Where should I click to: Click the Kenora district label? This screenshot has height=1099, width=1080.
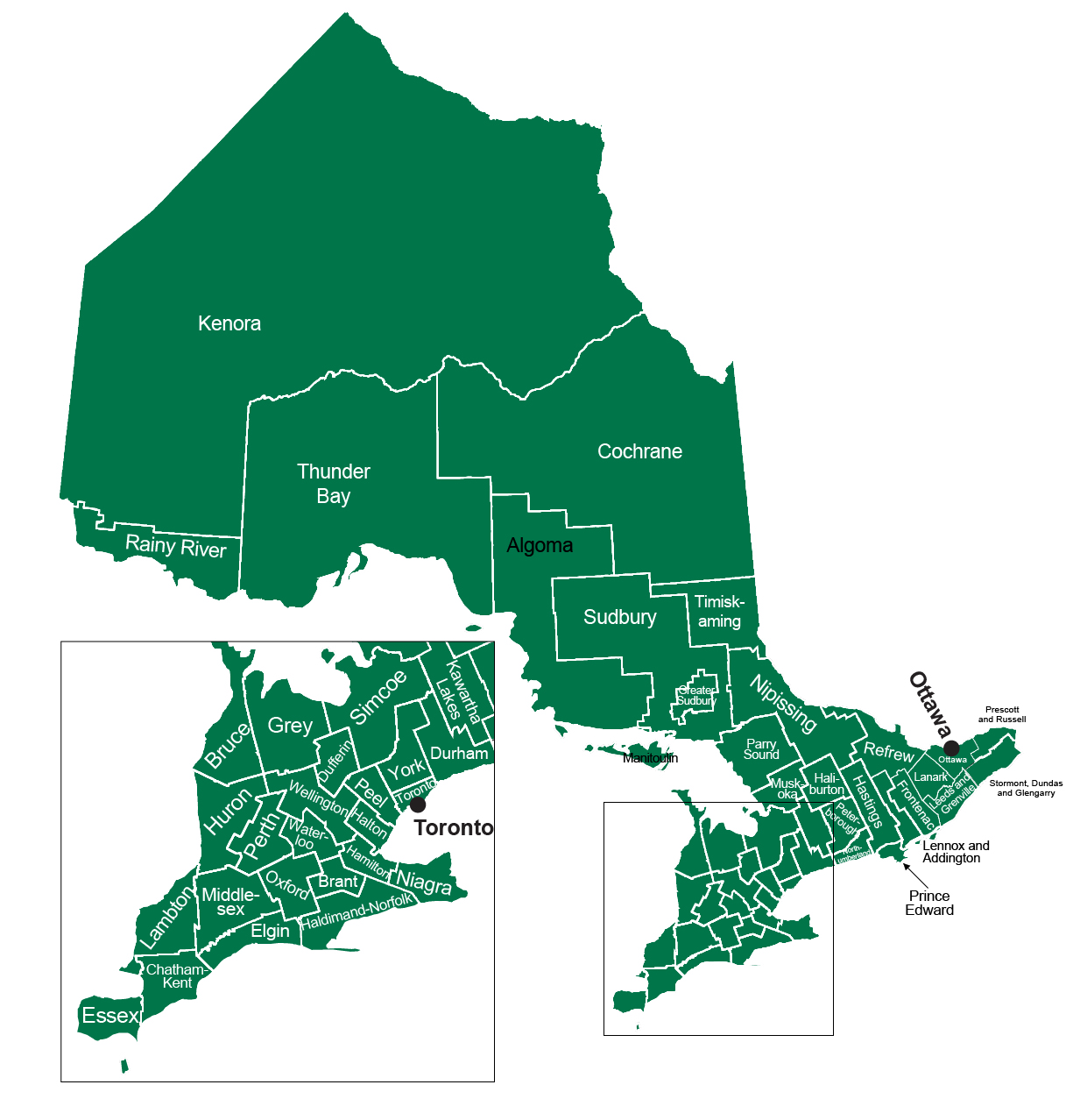[229, 323]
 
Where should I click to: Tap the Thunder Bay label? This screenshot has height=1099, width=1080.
[334, 484]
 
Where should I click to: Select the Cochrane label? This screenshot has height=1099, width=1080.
[639, 451]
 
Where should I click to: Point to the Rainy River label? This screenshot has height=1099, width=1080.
[176, 546]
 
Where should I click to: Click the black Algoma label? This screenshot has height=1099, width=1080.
[540, 545]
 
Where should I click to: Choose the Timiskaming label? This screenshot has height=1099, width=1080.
[719, 612]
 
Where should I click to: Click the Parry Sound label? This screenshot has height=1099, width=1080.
[761, 749]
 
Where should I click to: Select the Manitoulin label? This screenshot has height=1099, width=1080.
[650, 758]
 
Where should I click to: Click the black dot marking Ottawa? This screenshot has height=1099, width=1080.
[951, 748]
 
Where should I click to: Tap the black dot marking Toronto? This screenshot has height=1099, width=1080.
[418, 805]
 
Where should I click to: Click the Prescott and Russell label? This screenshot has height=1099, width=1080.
[1002, 714]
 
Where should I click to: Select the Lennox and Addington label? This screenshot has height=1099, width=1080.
[956, 852]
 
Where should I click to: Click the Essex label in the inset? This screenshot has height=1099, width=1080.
[110, 1016]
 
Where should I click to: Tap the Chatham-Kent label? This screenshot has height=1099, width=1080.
[177, 976]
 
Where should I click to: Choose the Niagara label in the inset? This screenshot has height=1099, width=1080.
[425, 882]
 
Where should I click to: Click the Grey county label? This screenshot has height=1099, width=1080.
[290, 726]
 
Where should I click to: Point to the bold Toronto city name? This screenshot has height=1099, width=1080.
[454, 828]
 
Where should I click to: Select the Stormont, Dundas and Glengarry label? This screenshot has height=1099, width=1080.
[1026, 788]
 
